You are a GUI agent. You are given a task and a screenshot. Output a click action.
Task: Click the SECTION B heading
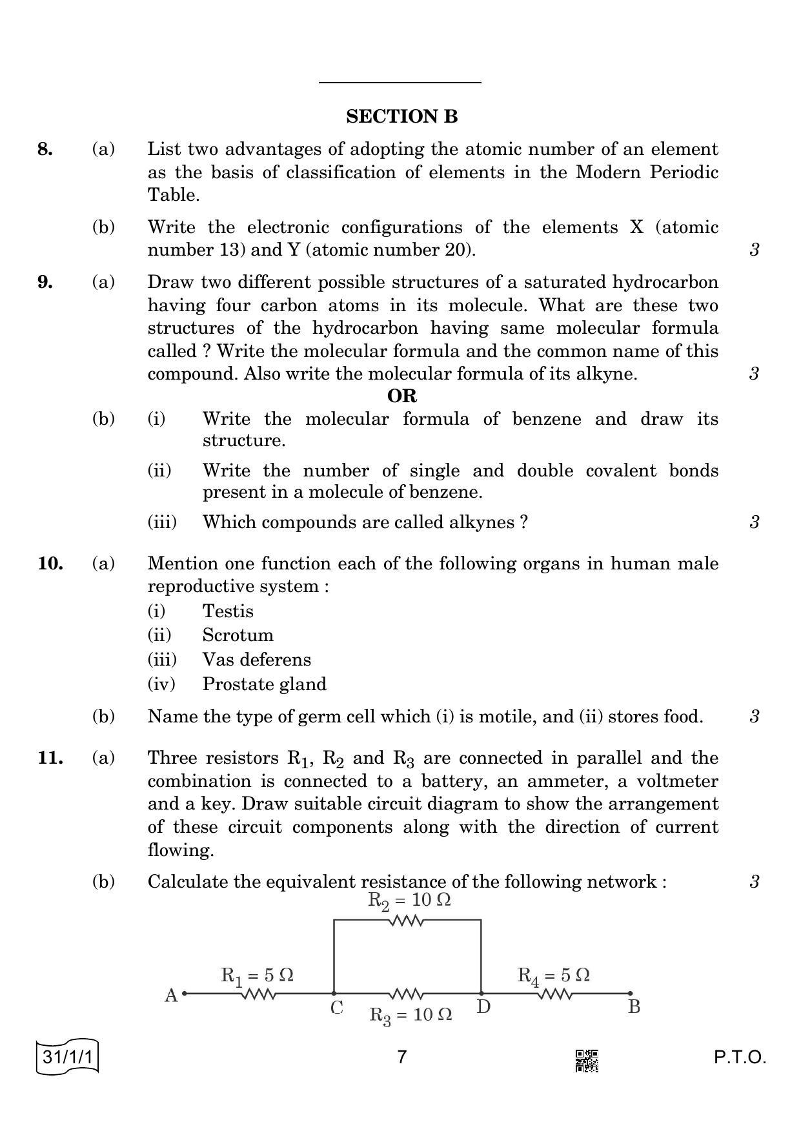coord(401,117)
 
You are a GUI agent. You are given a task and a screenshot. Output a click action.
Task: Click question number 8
coord(45,150)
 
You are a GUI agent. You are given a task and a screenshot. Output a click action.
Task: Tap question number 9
coord(45,282)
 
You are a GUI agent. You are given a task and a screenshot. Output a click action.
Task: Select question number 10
coord(50,564)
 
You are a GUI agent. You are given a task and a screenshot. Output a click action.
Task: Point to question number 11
coord(50,758)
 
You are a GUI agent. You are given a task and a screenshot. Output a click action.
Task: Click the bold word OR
coord(401,396)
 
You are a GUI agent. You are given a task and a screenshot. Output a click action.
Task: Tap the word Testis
coord(228,611)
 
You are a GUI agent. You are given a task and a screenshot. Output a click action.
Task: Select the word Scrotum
coord(238,635)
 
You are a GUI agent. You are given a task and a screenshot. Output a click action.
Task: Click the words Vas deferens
coord(256,660)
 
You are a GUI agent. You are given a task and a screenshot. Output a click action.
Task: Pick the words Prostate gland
coord(264,684)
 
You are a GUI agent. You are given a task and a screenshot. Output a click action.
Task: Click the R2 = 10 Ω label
coord(409,901)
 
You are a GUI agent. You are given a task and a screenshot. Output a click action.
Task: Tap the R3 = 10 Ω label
coord(411,1016)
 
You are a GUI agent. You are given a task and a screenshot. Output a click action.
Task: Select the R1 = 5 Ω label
coord(257,975)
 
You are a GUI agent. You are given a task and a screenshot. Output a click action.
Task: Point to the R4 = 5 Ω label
coord(553,975)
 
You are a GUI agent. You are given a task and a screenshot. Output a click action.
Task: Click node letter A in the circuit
coord(171,995)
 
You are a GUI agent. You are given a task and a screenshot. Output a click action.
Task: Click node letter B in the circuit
coord(634,1007)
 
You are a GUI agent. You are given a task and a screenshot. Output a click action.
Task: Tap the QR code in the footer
coord(586,1061)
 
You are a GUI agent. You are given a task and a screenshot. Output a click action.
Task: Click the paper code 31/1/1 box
coord(68,1057)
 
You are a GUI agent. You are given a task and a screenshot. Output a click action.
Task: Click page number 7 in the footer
coord(402,1057)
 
